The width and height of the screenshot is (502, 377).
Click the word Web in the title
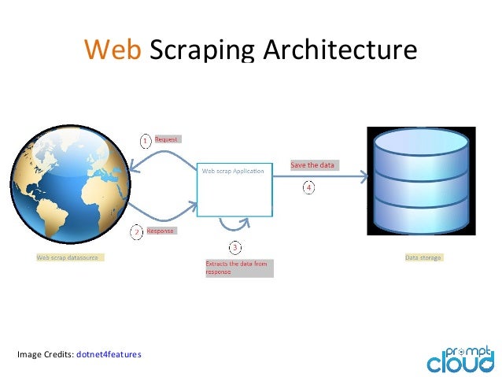pos(113,50)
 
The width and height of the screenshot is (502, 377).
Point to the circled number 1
pos(146,140)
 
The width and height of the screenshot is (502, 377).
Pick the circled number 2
pos(136,232)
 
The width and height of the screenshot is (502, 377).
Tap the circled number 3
pos(234,247)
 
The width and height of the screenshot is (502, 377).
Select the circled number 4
pos(308,187)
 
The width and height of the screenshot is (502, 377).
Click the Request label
pos(167,139)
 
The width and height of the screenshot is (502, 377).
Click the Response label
pos(160,231)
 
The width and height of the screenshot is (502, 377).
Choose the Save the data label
pos(312,165)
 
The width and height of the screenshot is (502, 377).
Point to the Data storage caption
pos(423,257)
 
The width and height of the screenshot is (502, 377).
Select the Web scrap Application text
pos(234,170)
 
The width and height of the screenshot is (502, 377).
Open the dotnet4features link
pos(109,354)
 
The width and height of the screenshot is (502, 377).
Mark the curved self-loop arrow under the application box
pos(235,225)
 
